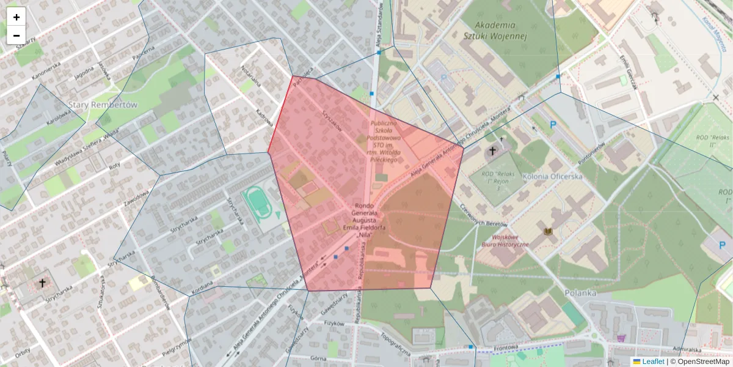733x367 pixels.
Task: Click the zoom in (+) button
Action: pos(16,17)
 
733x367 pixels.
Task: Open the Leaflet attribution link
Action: pos(652,361)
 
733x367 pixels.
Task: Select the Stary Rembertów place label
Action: pos(103,105)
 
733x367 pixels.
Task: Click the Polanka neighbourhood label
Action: pos(580,293)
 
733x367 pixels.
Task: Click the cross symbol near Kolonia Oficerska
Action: pos(492,150)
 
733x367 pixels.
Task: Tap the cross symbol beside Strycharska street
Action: pos(42,283)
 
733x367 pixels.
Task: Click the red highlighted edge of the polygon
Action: pos(280,114)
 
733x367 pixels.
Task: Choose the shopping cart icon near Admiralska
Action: pos(622,338)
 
